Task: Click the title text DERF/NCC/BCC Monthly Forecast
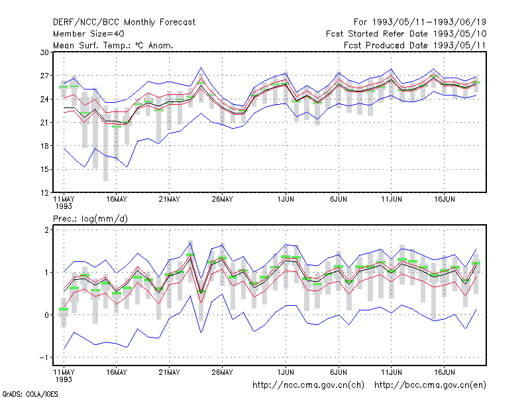point(124,23)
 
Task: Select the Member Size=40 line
point(89,34)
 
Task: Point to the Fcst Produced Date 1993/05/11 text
point(415,45)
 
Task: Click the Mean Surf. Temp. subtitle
point(113,45)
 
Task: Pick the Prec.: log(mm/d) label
point(90,219)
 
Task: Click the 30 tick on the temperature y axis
point(44,52)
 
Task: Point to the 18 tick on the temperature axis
point(44,146)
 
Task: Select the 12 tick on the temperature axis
point(44,193)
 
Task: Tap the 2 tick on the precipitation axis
point(46,230)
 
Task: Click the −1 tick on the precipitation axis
point(44,358)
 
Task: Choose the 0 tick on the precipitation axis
point(46,314)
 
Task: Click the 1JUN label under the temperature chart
point(286,200)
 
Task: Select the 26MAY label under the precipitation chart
point(222,372)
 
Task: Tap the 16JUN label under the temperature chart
point(444,200)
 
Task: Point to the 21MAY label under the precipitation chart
point(170,372)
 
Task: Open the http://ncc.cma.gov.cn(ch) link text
point(308,385)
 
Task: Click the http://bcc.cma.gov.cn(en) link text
point(430,385)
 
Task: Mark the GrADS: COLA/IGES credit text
point(30,394)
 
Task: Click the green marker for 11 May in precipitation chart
point(64,309)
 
